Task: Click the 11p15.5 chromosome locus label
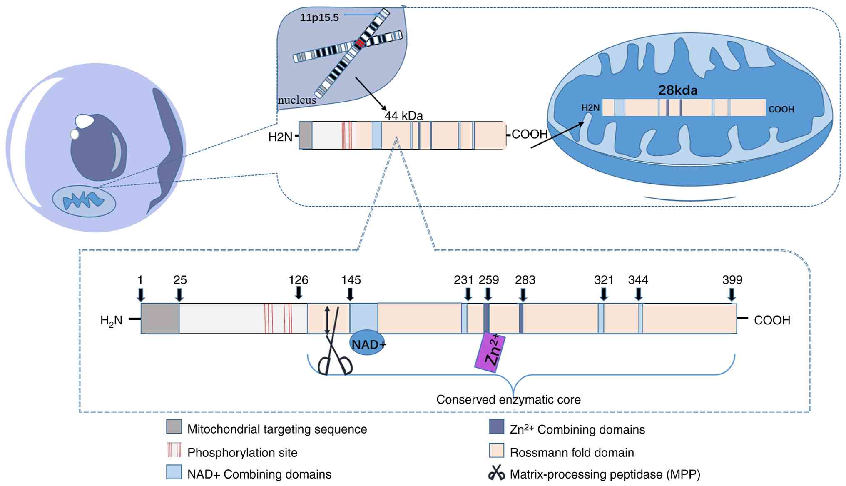[319, 17]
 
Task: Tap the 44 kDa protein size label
[403, 116]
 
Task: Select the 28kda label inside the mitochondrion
[678, 90]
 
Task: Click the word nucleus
[297, 100]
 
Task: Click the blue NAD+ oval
[368, 344]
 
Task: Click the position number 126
[298, 280]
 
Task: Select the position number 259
[489, 280]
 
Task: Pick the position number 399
[732, 280]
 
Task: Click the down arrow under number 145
[350, 294]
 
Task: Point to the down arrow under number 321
[603, 294]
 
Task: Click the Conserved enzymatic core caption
[508, 400]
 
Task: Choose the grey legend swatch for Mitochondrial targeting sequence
[174, 427]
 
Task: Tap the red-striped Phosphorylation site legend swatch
[174, 450]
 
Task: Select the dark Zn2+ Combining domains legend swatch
[496, 427]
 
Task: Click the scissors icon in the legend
[496, 473]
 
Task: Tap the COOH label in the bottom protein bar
[772, 320]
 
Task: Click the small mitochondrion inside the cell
[84, 201]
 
